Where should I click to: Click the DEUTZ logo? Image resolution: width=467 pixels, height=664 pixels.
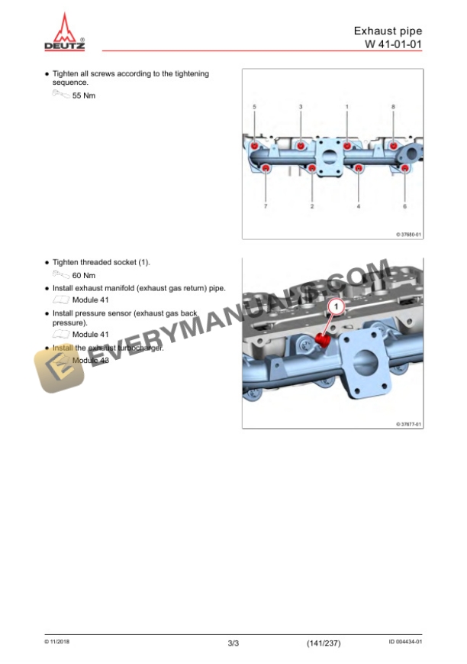(64, 32)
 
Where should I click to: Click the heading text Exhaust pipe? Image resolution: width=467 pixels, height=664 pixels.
(388, 31)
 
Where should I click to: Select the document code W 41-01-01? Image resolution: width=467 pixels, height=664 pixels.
(394, 44)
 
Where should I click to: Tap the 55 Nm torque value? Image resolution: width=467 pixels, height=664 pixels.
(84, 96)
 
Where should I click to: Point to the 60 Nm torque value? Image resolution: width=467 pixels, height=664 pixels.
(84, 276)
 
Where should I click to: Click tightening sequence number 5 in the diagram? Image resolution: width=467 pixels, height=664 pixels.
(254, 107)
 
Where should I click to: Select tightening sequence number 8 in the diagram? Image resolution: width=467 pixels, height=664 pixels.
(393, 107)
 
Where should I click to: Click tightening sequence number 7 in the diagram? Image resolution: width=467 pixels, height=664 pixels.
(266, 206)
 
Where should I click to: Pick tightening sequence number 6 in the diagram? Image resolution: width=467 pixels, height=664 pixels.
(405, 206)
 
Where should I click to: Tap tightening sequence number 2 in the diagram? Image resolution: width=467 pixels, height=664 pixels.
(312, 206)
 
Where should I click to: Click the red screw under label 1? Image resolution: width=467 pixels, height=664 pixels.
(347, 146)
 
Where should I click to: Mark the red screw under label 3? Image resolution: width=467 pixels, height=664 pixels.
(301, 146)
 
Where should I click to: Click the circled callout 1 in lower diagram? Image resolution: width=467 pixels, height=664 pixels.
(337, 306)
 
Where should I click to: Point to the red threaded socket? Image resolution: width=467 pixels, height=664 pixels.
(323, 339)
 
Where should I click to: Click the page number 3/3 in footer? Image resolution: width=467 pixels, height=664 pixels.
(233, 643)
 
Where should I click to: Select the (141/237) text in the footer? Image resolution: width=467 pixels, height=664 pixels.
(324, 643)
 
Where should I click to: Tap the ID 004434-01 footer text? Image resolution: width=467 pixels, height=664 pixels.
(405, 642)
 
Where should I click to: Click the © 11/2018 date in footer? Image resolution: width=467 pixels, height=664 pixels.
(56, 642)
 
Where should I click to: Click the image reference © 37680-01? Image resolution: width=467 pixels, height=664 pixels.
(409, 234)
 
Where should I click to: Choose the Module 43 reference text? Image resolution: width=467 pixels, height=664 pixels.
(91, 361)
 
